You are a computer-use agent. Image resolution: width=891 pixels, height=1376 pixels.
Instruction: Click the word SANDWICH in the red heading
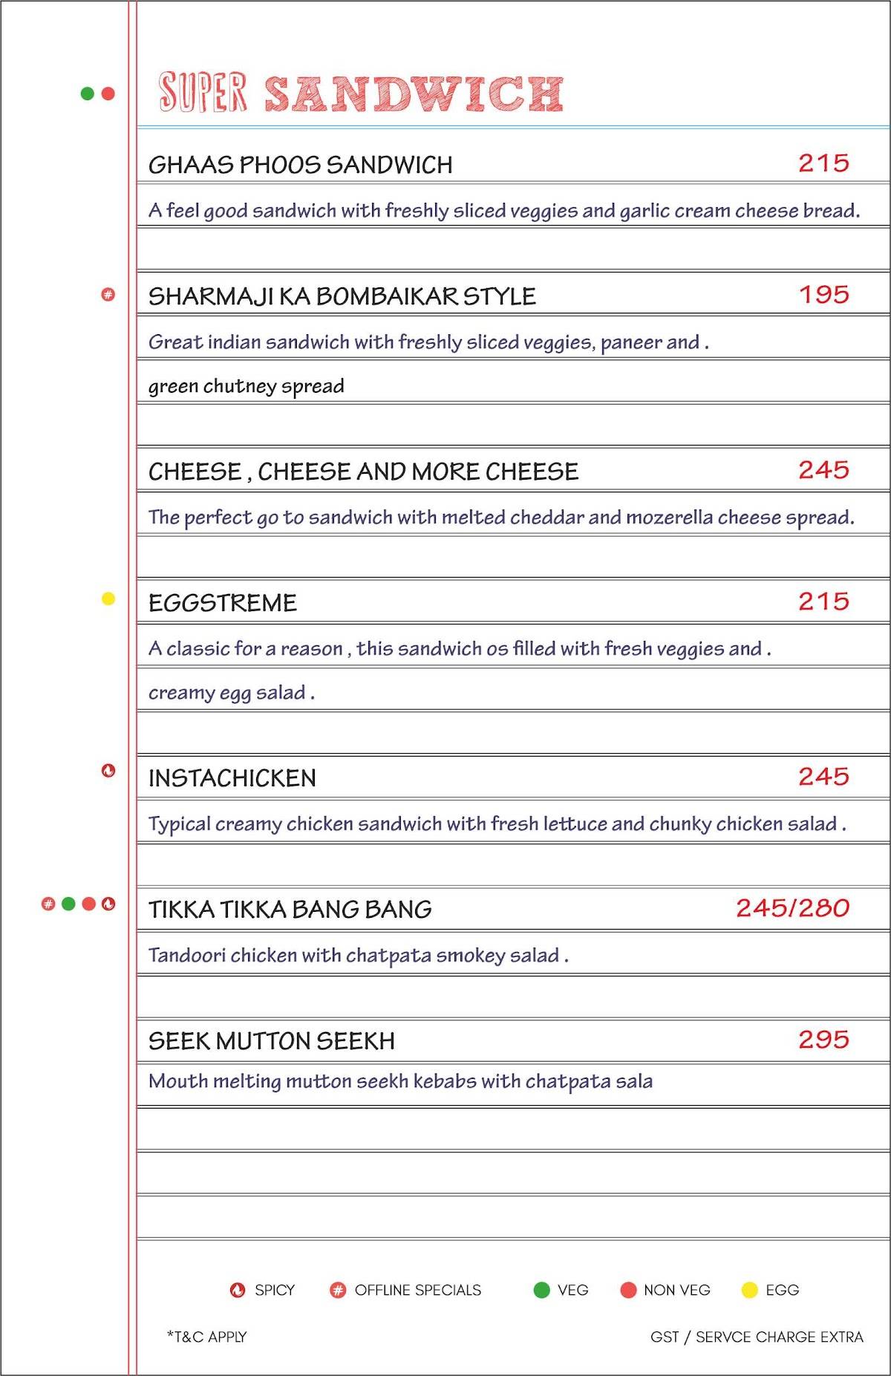point(414,94)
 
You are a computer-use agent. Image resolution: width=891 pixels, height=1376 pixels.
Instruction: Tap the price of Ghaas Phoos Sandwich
point(823,163)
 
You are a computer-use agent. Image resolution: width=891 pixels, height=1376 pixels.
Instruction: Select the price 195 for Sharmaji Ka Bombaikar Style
point(823,295)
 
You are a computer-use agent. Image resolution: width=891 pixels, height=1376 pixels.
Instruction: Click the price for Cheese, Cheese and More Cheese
point(823,470)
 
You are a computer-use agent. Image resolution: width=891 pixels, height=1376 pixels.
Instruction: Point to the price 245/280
point(792,908)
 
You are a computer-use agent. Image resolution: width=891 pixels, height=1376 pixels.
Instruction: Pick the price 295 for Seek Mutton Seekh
point(823,1040)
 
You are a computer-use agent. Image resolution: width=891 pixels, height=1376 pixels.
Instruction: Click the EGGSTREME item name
point(223,603)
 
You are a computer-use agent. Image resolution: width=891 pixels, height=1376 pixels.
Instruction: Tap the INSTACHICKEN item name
point(232,778)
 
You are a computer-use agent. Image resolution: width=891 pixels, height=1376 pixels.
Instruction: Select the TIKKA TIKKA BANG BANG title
point(290,910)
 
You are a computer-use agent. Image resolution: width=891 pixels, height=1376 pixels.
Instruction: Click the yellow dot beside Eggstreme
point(108,599)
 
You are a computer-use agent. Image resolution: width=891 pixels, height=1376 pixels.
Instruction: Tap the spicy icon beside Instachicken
point(108,771)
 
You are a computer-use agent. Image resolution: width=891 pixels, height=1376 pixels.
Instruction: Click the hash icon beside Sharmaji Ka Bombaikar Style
point(108,295)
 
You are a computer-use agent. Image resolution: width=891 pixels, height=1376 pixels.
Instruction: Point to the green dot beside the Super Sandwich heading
point(88,94)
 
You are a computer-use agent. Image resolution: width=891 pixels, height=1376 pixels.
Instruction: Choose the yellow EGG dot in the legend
point(750,1291)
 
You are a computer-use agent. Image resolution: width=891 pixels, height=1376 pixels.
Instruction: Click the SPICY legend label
point(274,1291)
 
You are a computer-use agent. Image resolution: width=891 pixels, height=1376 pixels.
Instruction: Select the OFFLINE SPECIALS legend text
point(417,1291)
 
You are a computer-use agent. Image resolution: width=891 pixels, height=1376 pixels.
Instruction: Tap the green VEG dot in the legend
point(542,1291)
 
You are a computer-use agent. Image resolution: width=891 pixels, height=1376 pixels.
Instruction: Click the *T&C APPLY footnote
point(207,1337)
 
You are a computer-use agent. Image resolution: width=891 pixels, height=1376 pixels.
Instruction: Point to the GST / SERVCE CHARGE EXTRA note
point(757,1337)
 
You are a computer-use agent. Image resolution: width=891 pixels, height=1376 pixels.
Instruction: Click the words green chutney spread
point(247,386)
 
